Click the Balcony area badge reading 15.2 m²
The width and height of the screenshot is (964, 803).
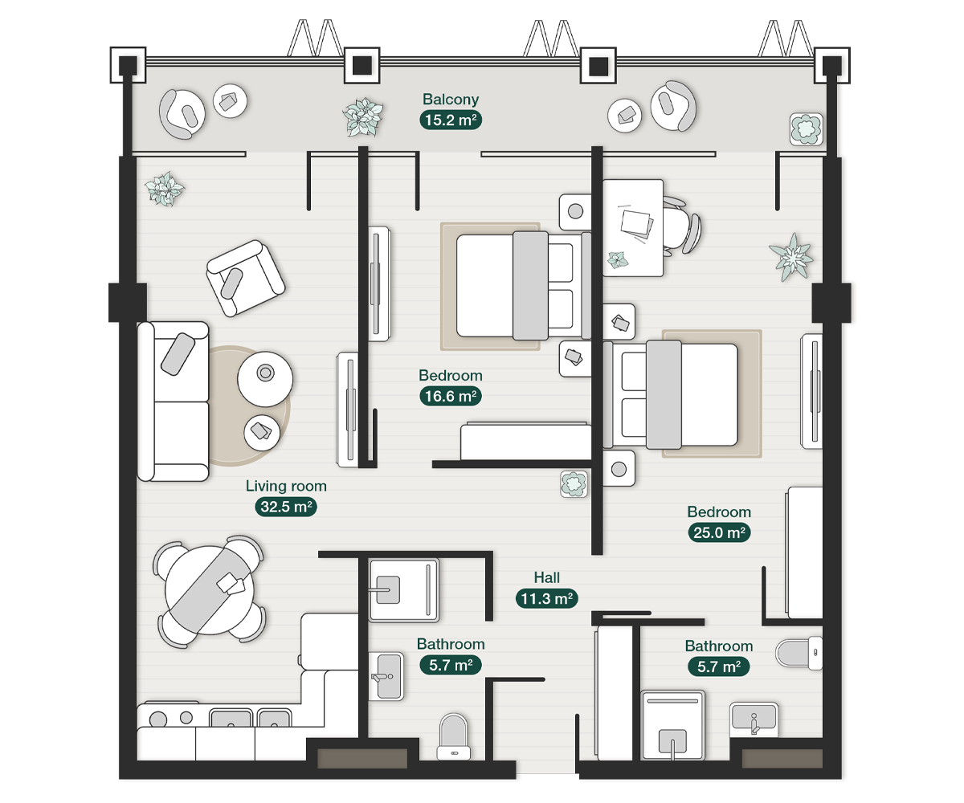(451, 120)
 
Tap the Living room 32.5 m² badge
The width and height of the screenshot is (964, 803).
(286, 507)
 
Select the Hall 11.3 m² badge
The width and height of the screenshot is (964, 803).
(546, 598)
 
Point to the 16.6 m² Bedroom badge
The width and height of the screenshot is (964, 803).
(451, 396)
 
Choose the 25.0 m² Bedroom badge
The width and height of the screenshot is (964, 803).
(719, 532)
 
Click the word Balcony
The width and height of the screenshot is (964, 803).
(451, 100)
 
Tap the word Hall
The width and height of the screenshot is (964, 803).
(546, 577)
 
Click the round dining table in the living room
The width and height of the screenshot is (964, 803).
(209, 591)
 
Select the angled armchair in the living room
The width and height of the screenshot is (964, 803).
(246, 278)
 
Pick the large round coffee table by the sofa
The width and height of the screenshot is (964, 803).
(265, 379)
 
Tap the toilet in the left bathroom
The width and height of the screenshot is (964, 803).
(453, 736)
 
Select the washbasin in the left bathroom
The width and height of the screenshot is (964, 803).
(386, 676)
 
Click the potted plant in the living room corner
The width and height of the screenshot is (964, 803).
(164, 189)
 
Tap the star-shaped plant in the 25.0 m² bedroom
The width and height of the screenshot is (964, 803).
(792, 257)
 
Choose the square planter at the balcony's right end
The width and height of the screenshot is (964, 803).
(806, 128)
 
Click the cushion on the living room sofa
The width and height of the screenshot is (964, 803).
(178, 354)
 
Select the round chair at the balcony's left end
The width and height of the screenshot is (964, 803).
(182, 113)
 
